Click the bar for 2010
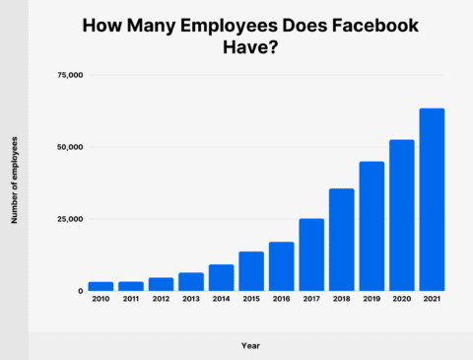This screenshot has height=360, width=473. (101, 287)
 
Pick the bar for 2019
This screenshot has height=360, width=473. (372, 226)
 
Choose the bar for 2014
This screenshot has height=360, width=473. (221, 278)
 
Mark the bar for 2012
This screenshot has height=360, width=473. (161, 284)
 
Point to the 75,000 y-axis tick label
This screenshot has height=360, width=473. (69, 75)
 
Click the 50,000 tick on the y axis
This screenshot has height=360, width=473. (69, 147)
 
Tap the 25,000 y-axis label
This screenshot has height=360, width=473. (69, 219)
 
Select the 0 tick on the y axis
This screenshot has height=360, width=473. (80, 291)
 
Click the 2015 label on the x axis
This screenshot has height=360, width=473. (251, 300)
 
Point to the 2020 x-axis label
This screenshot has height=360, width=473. (401, 300)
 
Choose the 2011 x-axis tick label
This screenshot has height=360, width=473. (131, 300)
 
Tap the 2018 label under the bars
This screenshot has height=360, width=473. (341, 300)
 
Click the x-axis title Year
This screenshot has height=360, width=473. (251, 345)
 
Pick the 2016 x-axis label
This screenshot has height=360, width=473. (281, 300)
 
